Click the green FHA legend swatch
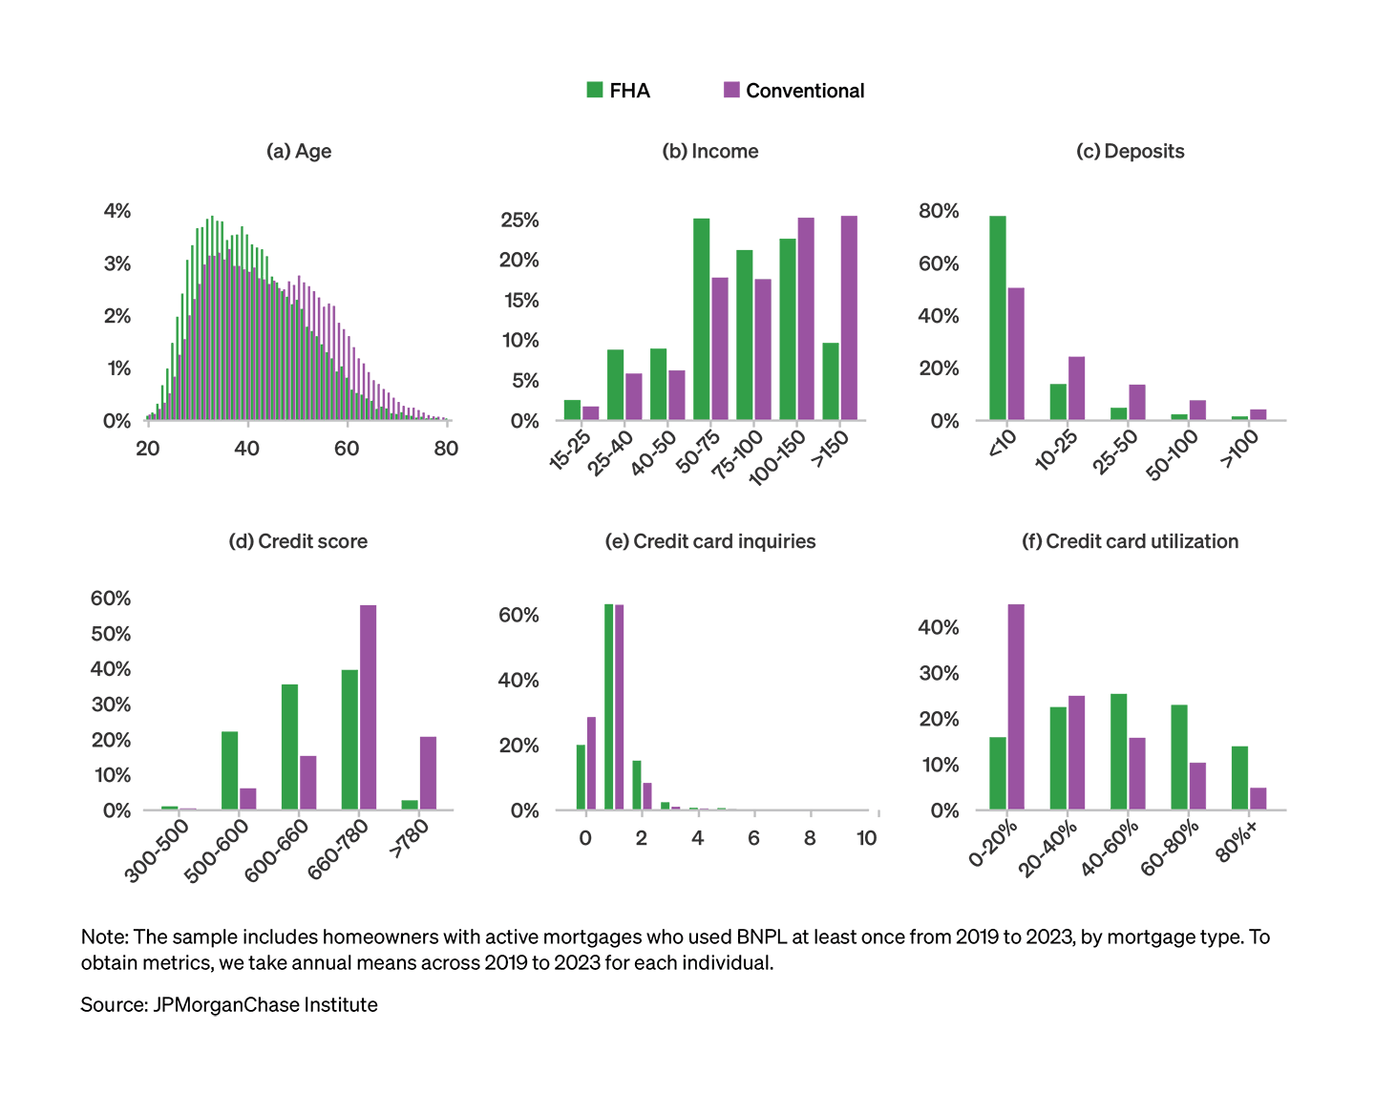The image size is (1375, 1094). click(595, 91)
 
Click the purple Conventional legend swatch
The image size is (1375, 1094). click(732, 91)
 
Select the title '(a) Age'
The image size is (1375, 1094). click(299, 152)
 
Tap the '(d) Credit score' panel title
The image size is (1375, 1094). click(298, 542)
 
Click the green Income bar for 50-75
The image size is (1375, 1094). click(702, 320)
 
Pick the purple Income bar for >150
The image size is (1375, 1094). click(849, 318)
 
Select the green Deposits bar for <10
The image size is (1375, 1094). click(998, 318)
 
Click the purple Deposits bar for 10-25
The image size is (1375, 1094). click(1076, 389)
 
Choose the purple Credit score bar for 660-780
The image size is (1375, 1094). click(368, 707)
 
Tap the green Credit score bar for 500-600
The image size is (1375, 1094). click(230, 770)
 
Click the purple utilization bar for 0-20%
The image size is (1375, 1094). click(1016, 706)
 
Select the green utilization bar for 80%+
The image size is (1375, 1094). click(1239, 778)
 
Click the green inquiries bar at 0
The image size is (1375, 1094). click(581, 777)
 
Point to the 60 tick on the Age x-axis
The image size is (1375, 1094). click(347, 449)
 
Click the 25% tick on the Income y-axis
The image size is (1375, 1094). click(519, 221)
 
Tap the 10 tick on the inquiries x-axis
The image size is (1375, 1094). click(866, 838)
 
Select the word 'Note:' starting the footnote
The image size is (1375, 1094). click(104, 937)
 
